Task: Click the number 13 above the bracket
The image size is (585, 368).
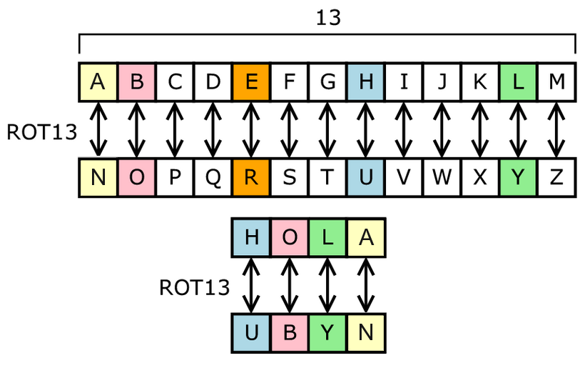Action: pos(328,18)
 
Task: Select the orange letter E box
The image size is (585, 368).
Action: pos(251,81)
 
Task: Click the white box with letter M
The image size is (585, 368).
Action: pos(556,81)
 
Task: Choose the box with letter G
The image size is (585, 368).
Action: pos(327,81)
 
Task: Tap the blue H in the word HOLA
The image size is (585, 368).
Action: pos(251,237)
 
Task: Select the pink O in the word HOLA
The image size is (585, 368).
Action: pos(290,237)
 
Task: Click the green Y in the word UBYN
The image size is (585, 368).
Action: pos(327,332)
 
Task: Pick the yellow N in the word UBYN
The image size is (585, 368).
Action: pos(366,332)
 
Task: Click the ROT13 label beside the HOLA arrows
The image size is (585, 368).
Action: pos(194,287)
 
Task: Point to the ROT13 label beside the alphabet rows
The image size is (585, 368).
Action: pos(41,131)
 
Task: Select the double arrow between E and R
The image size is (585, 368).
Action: pos(251,129)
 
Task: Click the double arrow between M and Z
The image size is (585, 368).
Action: pos(556,129)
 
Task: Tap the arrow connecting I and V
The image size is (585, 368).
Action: pos(404,129)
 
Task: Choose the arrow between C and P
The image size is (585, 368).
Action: pos(175,129)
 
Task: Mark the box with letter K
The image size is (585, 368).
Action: pos(480,81)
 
